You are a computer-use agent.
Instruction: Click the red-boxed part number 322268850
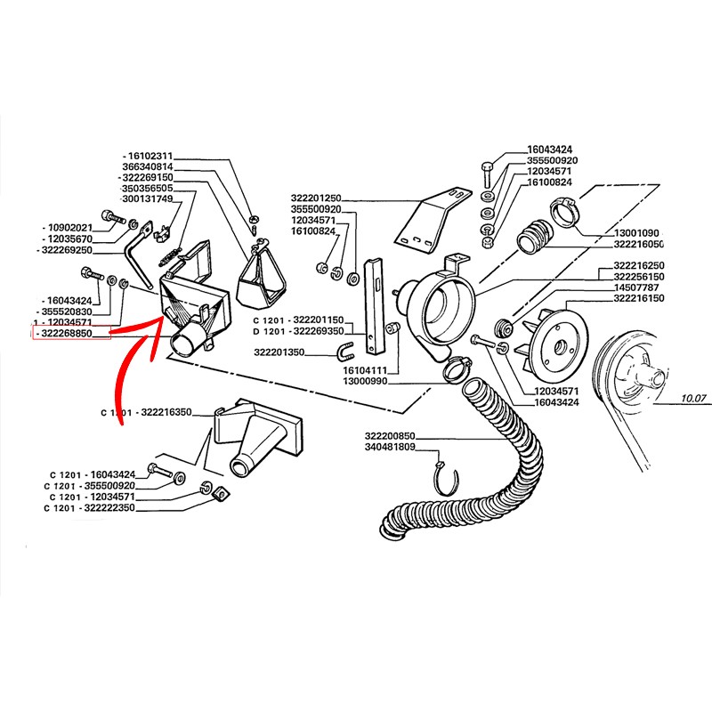(x=72, y=333)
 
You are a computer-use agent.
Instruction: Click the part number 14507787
(x=636, y=288)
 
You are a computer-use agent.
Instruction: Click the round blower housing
(x=435, y=307)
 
